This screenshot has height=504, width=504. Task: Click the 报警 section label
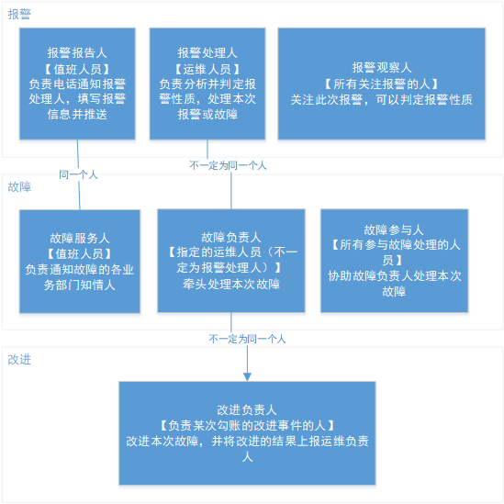[19, 14]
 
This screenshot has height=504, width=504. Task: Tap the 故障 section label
[19, 186]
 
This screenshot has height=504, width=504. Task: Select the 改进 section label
[19, 360]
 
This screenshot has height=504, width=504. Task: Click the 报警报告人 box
[77, 84]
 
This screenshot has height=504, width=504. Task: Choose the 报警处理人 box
[207, 84]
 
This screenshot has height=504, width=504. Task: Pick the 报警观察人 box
[382, 84]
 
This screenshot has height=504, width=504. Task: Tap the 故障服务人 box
[80, 262]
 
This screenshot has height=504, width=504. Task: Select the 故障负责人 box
[231, 261]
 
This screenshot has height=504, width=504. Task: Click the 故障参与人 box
[395, 261]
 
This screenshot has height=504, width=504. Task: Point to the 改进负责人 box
[247, 433]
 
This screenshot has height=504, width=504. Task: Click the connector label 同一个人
[78, 174]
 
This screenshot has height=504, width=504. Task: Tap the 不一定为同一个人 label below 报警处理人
[228, 165]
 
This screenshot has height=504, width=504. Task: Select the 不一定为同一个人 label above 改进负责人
[247, 339]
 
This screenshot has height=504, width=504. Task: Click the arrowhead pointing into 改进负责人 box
[247, 377]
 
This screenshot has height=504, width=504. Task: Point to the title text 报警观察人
[382, 68]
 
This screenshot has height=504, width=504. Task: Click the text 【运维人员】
[207, 69]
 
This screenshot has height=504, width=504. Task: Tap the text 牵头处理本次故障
[231, 285]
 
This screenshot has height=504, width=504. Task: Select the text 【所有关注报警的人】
[382, 84]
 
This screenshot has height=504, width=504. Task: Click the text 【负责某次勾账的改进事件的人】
[247, 426]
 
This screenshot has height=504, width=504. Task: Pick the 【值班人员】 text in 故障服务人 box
[80, 254]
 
